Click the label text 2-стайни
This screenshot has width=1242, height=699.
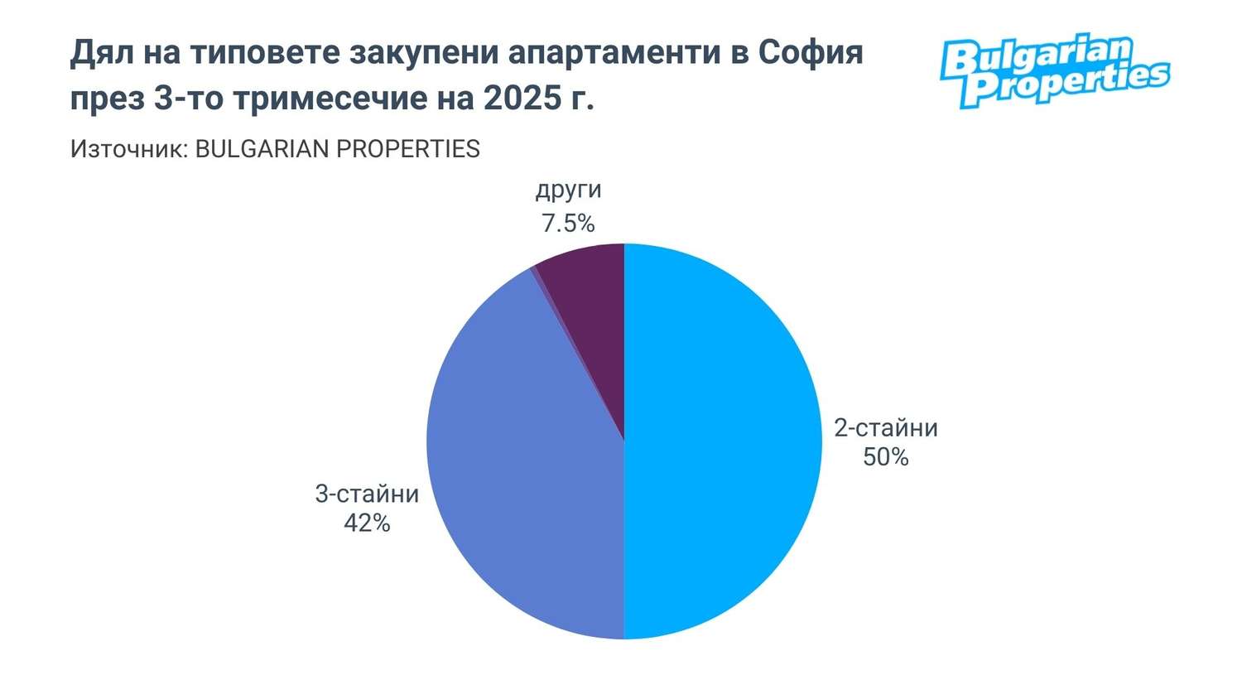click(x=885, y=427)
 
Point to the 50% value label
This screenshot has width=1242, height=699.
click(x=885, y=456)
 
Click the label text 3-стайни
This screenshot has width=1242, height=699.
click(x=367, y=494)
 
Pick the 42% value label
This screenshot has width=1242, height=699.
click(x=367, y=523)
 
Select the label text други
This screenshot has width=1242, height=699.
click(x=568, y=190)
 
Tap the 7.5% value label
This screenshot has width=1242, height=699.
click(x=568, y=223)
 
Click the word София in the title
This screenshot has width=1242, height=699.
click(x=811, y=53)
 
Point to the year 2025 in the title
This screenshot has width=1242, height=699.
click(x=521, y=99)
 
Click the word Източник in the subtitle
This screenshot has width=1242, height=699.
click(x=128, y=149)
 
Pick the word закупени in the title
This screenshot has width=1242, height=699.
click(x=422, y=53)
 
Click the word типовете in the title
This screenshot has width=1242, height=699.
click(x=264, y=53)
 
